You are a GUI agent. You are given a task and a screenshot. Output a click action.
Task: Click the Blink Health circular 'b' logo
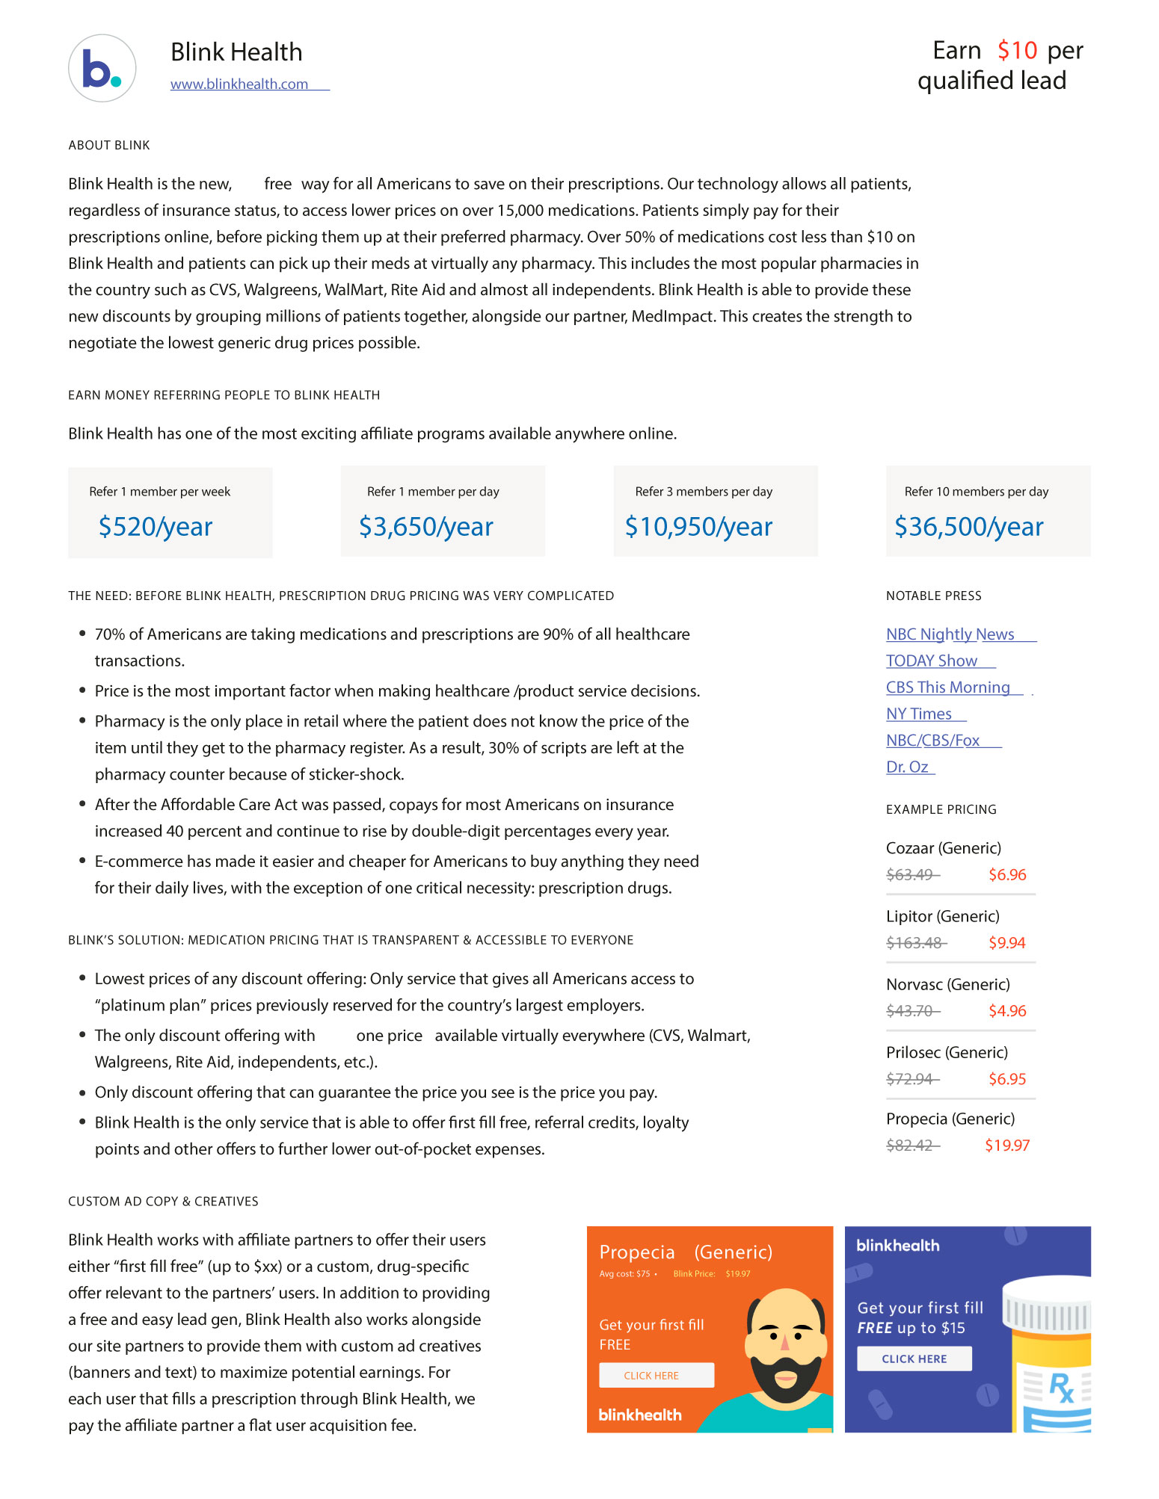point(102,68)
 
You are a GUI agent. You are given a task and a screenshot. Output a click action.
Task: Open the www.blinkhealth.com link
point(239,84)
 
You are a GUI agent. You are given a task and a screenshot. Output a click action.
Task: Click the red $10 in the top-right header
point(1017,51)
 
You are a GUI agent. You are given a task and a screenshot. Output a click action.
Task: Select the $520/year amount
point(156,527)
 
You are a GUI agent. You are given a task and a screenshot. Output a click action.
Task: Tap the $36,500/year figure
point(968,527)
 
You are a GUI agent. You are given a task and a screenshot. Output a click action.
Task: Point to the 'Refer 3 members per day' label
point(704,492)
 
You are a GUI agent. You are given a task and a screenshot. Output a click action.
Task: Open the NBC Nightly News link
point(950,634)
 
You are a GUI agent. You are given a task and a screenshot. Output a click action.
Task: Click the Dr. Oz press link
point(907,767)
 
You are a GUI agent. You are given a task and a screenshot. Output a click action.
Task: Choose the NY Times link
point(919,714)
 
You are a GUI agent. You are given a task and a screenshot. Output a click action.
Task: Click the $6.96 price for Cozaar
point(1007,875)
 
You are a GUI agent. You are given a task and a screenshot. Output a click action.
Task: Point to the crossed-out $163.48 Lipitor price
point(914,943)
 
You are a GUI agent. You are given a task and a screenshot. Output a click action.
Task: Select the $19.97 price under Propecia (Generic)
point(1007,1146)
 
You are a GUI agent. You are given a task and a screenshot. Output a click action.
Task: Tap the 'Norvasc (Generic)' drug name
point(947,985)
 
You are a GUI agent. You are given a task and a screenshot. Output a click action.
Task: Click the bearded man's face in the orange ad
point(785,1345)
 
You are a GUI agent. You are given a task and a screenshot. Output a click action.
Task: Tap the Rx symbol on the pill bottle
point(1061,1388)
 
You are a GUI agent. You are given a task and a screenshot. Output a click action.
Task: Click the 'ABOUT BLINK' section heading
point(109,146)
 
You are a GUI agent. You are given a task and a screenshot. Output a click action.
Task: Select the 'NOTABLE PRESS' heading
point(933,596)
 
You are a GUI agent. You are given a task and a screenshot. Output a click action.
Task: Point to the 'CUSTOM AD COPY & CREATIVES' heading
point(163,1202)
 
